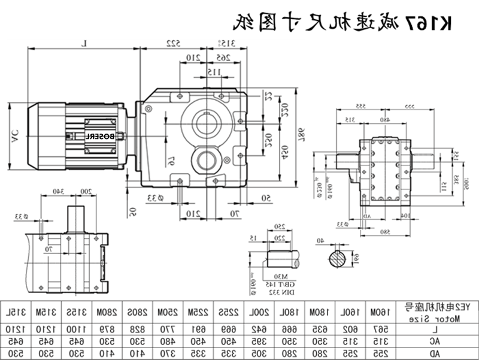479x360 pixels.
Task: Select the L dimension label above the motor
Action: click(85, 43)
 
